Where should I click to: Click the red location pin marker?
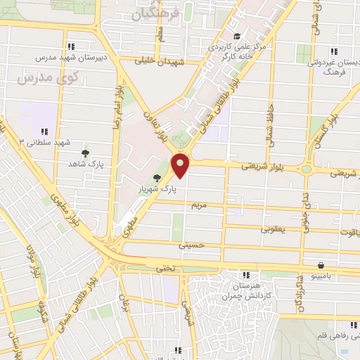point(181,164)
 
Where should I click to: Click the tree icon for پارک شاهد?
point(86,153)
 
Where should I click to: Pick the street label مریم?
point(200,205)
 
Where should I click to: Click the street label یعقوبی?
point(273,229)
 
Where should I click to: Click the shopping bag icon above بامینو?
point(321,265)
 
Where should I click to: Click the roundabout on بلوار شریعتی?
point(307,169)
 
